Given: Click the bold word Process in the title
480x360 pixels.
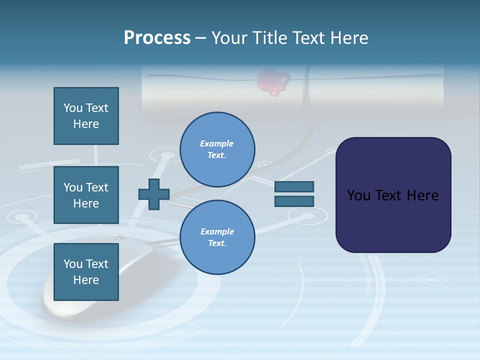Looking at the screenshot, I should coord(157,38).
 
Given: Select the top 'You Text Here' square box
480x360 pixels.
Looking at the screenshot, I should coord(86,116).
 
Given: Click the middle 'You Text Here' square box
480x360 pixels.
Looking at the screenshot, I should coord(86,195).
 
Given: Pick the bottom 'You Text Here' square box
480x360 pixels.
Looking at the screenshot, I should coord(86,272).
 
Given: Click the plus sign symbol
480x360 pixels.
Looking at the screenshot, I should coord(154,194).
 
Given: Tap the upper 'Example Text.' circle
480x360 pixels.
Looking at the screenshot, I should coord(217,149).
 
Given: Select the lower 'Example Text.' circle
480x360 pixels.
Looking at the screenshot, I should coord(217,237).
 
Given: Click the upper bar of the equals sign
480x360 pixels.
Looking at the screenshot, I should coord(294,186).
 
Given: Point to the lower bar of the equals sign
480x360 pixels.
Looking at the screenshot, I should coord(294,201).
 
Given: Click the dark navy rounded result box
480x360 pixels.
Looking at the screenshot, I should coord(393,195).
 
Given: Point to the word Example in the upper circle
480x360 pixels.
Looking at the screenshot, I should coord(217,143).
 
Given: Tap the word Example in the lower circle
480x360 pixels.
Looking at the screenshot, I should coord(217,231).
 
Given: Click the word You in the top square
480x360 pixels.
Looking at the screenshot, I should coord(73,108).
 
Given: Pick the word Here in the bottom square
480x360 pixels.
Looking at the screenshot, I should coord(86,280).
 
